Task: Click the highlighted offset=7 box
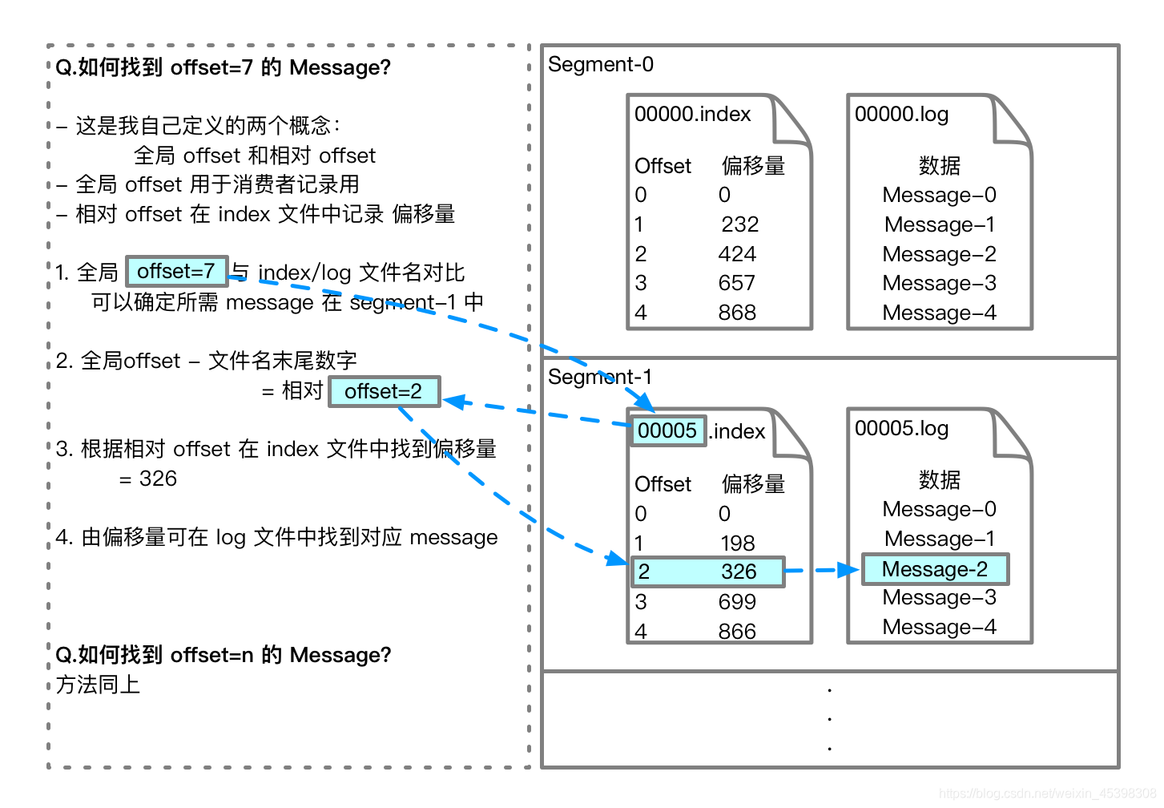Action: coord(177,271)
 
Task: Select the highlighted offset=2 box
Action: coord(384,391)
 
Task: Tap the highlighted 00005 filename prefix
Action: coord(668,430)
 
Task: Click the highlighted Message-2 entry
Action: coord(935,569)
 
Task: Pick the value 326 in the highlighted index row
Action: coord(739,572)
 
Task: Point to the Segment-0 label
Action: coord(601,64)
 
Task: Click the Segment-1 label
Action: coord(600,377)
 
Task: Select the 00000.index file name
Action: coord(692,114)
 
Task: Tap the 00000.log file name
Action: coord(901,115)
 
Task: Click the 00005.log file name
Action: coord(901,428)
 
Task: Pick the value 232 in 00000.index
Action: coord(740,224)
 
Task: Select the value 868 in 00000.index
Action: coord(737,313)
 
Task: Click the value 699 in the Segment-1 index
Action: coord(737,601)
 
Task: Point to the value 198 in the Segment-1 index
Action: coord(737,543)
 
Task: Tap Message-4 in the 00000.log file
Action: coord(939,313)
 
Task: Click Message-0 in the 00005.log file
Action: coord(939,508)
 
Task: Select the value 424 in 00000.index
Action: coord(737,254)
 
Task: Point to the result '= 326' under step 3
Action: coord(148,479)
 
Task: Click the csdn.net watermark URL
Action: coord(1047,793)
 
